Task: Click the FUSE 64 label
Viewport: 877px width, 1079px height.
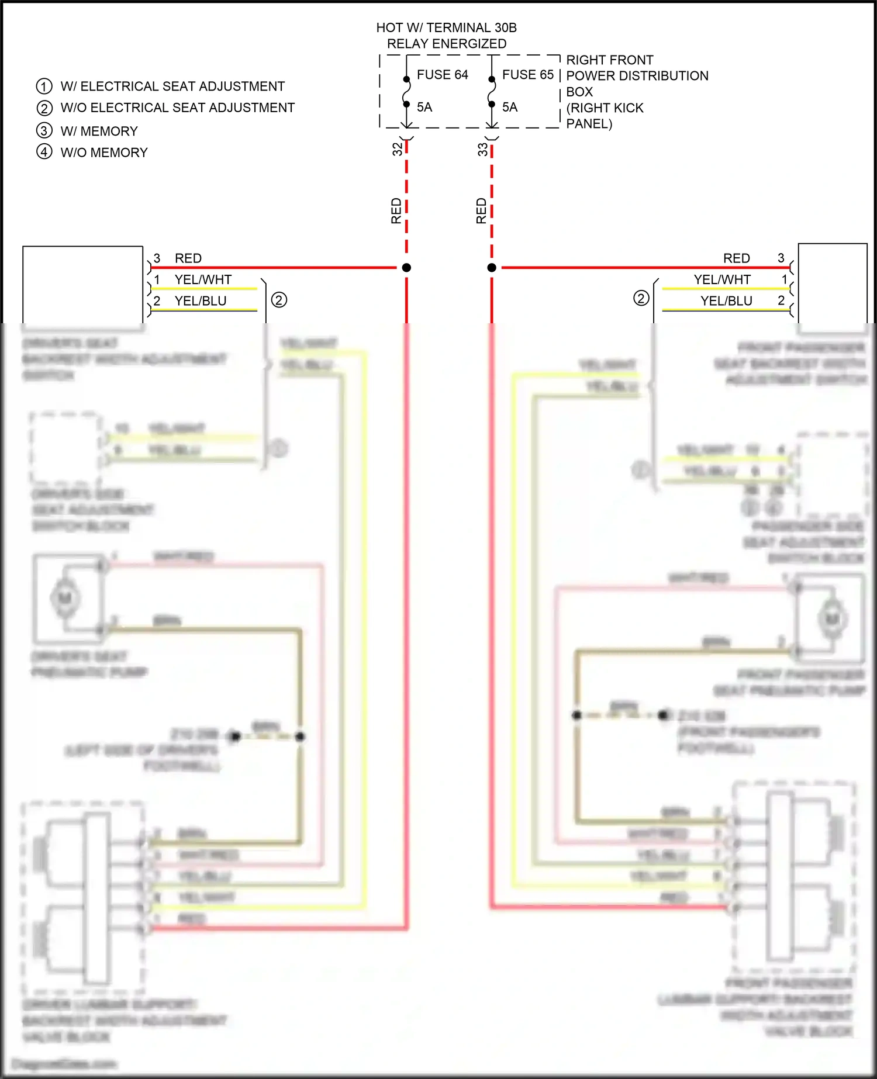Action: tap(442, 75)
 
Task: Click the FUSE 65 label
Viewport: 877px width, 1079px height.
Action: tap(527, 75)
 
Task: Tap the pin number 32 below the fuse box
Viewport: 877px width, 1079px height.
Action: tap(398, 149)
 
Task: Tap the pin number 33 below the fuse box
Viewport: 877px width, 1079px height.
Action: tap(482, 149)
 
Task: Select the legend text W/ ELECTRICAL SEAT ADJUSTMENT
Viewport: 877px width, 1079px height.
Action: tap(172, 87)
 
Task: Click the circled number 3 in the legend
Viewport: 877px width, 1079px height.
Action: tap(44, 131)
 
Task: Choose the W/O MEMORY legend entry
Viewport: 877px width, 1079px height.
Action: tap(104, 153)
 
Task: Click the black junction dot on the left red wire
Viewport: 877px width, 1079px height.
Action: tap(406, 268)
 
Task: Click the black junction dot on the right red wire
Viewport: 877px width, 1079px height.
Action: tap(492, 268)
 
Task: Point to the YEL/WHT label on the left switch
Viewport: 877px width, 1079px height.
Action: tap(203, 280)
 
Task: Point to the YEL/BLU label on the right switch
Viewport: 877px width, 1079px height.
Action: tap(726, 301)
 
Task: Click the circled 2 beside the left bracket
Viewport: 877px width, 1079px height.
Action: tap(279, 300)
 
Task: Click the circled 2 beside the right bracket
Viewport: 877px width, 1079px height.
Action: tap(641, 298)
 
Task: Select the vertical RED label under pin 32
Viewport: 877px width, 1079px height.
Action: tap(396, 210)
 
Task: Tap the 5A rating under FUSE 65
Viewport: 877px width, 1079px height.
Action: tap(510, 107)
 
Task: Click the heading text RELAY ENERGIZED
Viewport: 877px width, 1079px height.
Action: tap(447, 44)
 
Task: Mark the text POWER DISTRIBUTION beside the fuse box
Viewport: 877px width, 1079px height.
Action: tap(637, 76)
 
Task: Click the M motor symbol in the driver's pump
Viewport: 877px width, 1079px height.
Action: tap(64, 597)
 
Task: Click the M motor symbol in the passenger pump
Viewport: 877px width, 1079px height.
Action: tap(831, 618)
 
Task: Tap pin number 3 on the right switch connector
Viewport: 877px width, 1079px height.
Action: tap(781, 258)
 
